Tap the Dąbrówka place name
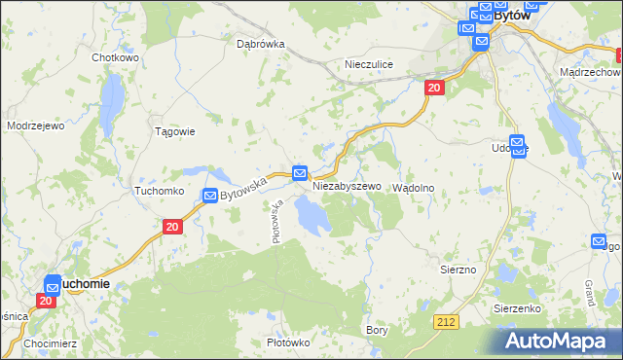(x=260, y=44)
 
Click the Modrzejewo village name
(x=35, y=126)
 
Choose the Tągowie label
(x=176, y=131)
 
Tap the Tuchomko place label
(x=160, y=192)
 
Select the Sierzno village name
(x=458, y=269)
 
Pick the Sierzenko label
(x=517, y=307)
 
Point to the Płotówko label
(x=287, y=342)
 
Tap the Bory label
(x=376, y=330)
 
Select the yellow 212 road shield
(x=447, y=320)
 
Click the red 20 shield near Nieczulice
(x=434, y=89)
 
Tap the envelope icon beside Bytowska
(x=210, y=196)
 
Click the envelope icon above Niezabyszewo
(x=300, y=172)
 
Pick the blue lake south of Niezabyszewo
(x=311, y=215)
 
